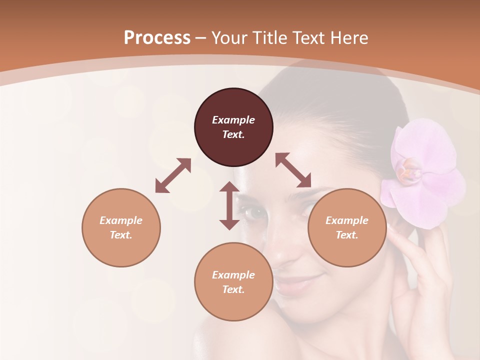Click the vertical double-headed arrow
tap(229, 205)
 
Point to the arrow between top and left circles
tap(173, 175)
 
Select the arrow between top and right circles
tap(293, 170)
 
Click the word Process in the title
tap(157, 37)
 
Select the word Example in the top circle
tap(233, 120)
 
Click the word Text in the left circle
tap(121, 235)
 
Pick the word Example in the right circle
tap(347, 220)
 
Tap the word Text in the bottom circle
tap(233, 289)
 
